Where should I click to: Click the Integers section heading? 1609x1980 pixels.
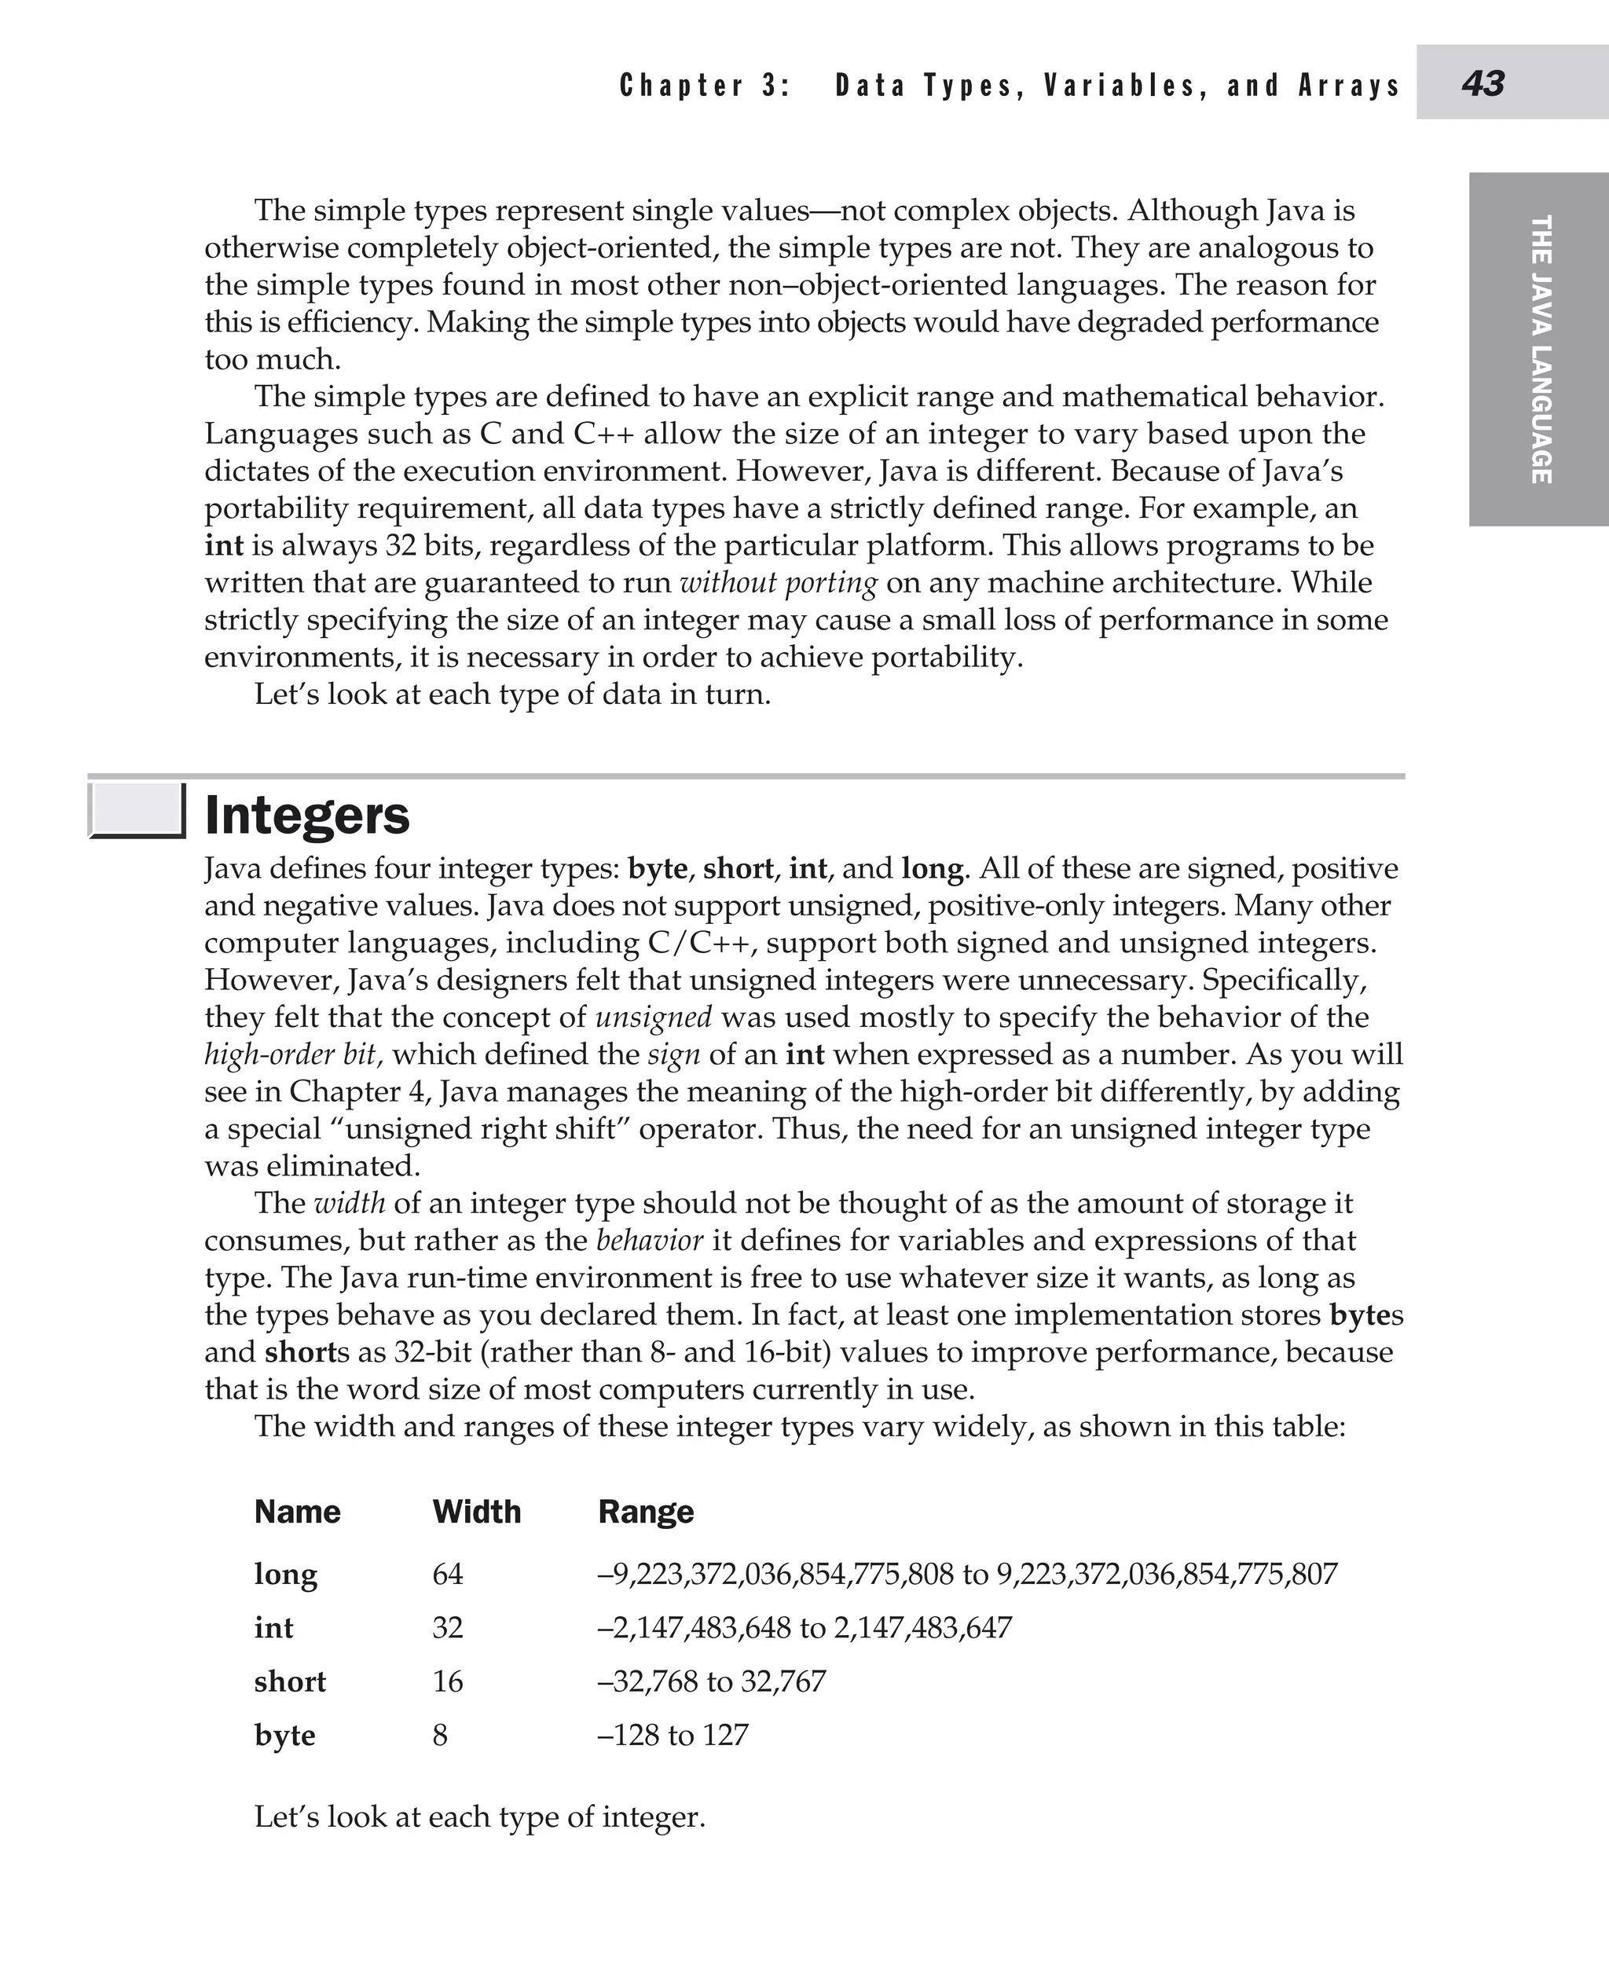click(306, 816)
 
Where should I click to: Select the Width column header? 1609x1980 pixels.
click(476, 1512)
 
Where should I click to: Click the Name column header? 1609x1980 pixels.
click(297, 1512)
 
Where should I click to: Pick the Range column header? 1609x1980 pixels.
click(645, 1512)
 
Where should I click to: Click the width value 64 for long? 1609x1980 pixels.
click(448, 1574)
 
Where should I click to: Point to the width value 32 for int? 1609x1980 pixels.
click(448, 1628)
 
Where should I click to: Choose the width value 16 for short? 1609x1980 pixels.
click(448, 1681)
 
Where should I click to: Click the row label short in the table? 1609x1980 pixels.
click(290, 1681)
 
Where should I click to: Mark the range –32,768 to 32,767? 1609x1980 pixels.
click(712, 1681)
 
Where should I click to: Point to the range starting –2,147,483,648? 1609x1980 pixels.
click(804, 1628)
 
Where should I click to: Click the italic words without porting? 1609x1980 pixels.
click(778, 583)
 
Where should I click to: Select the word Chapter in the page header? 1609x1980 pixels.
click(681, 86)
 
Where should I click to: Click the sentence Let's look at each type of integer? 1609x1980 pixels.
click(479, 1817)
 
